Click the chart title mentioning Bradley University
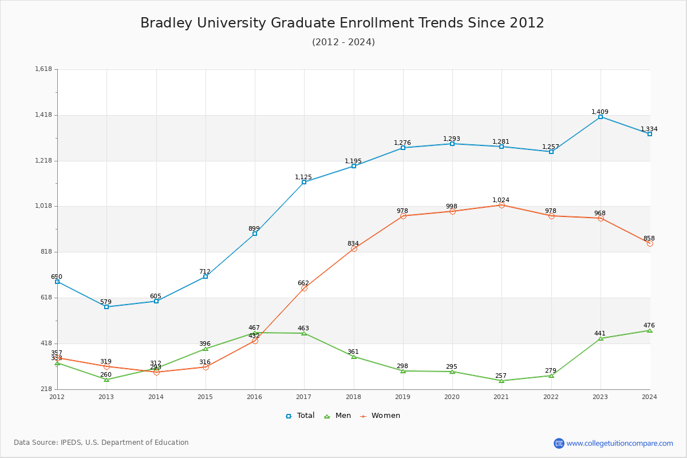(342, 23)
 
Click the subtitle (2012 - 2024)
(343, 42)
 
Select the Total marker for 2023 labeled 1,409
(601, 117)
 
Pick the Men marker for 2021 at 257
(502, 381)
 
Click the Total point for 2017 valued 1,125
(304, 182)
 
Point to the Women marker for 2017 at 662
(304, 288)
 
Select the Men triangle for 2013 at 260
(106, 380)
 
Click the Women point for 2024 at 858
(650, 243)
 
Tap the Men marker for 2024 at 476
(650, 330)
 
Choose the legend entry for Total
(301, 416)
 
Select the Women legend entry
(380, 416)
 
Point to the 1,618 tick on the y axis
(44, 69)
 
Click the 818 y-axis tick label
(46, 252)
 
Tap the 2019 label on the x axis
(403, 396)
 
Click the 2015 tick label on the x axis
(206, 396)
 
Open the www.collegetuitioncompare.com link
(619, 443)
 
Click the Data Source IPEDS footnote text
(101, 443)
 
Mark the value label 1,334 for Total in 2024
(649, 129)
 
